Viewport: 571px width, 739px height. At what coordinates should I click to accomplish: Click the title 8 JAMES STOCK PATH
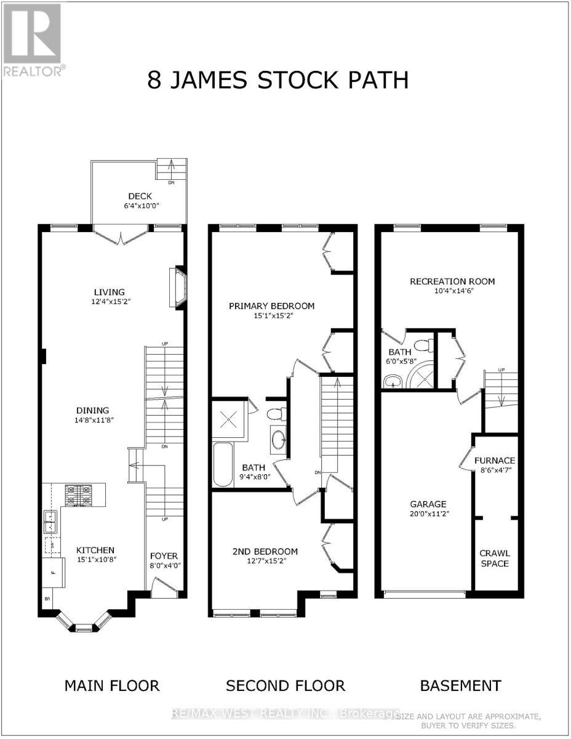point(278,81)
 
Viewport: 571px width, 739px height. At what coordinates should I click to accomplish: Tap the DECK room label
point(140,196)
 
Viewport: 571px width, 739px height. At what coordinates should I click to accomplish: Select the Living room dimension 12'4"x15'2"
point(109,302)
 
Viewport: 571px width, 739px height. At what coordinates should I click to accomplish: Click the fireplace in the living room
point(177,287)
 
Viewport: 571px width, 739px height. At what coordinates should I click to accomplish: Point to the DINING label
point(93,410)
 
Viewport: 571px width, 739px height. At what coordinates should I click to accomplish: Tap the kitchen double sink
point(49,522)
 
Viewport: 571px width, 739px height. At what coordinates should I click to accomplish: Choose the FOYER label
point(164,556)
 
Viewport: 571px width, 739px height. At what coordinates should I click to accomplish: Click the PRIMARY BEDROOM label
point(271,306)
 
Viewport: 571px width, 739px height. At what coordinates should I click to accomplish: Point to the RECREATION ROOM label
point(452,281)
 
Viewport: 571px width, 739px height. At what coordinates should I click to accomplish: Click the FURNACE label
point(495,461)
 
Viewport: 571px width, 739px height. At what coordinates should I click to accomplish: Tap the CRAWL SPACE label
point(495,558)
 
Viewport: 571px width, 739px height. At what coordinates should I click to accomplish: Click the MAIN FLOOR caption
point(112,685)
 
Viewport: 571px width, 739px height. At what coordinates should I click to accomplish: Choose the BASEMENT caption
point(460,685)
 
